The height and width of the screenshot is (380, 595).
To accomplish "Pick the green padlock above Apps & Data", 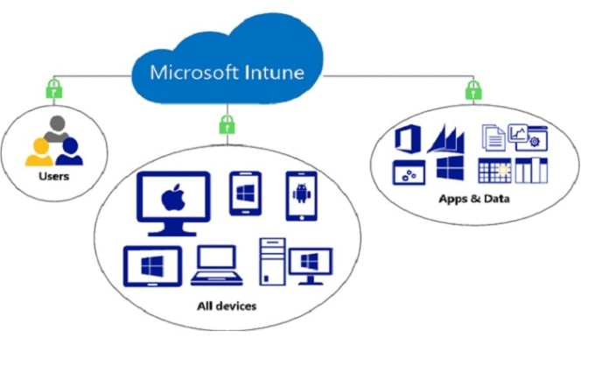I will click(x=472, y=88).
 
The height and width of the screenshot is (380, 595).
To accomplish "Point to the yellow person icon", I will click(x=39, y=151).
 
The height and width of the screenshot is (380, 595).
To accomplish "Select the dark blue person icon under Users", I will click(x=69, y=151).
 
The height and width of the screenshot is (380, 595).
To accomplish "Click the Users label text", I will click(x=53, y=176).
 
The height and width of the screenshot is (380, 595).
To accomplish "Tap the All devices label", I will click(x=227, y=306).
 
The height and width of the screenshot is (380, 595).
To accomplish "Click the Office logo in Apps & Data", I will click(x=409, y=140).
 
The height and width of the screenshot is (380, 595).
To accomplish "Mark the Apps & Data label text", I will click(x=473, y=199).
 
